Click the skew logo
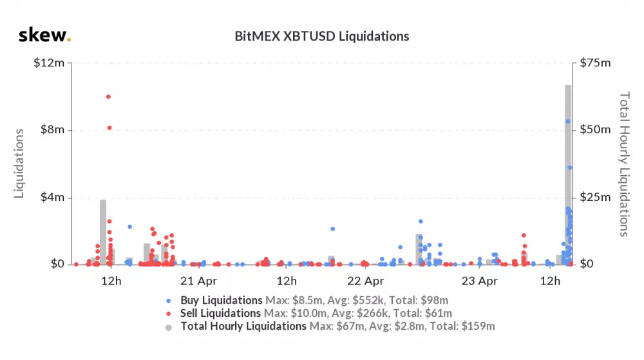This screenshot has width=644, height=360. (44, 35)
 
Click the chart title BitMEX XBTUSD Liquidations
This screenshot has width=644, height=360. (321, 36)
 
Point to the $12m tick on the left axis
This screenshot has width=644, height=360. (50, 63)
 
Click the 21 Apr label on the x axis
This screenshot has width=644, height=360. (198, 281)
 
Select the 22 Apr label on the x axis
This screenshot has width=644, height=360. (366, 281)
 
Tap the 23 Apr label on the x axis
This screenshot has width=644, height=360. (480, 281)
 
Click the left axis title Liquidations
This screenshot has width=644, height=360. (19, 164)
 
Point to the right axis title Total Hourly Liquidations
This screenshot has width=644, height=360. (623, 164)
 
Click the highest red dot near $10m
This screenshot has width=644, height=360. (108, 97)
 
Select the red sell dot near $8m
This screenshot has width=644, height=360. (109, 128)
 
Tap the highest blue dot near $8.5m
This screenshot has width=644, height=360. (567, 121)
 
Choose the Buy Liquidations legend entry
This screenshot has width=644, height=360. (222, 301)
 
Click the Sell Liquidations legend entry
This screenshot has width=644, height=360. (221, 314)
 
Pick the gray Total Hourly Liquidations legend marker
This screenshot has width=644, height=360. (169, 327)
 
